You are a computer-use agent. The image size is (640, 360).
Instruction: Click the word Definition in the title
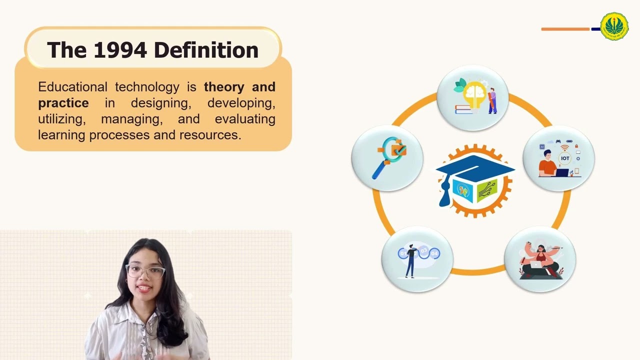(x=206, y=50)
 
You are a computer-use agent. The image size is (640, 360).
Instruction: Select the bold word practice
(x=63, y=103)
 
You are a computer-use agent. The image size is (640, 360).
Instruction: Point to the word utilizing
(x=61, y=119)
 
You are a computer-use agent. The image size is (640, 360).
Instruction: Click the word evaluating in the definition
(x=245, y=119)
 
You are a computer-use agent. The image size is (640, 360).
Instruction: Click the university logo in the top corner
(x=614, y=26)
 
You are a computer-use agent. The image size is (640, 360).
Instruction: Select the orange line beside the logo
(x=565, y=29)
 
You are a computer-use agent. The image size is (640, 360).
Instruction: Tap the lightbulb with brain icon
(x=472, y=97)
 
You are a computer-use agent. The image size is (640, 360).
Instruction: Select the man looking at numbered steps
(x=417, y=258)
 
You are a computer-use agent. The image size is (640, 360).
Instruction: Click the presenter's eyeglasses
(x=145, y=271)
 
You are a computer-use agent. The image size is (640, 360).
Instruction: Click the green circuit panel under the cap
(x=486, y=190)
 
